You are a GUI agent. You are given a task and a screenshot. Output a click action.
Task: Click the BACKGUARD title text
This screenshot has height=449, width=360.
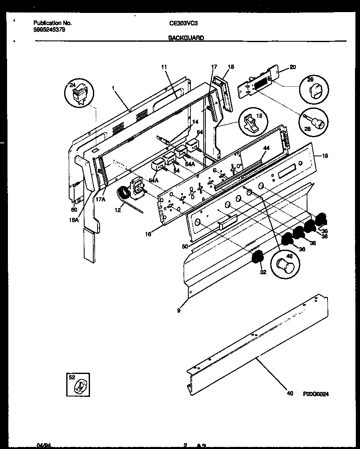(x=186, y=38)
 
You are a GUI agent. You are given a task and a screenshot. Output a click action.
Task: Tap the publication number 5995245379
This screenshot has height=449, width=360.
(x=49, y=30)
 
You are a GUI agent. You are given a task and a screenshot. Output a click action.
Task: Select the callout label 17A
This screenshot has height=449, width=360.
(x=101, y=199)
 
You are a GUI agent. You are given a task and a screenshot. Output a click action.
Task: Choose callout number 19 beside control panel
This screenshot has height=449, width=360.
(x=325, y=156)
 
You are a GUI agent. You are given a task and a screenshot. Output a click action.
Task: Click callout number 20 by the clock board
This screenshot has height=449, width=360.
(x=292, y=67)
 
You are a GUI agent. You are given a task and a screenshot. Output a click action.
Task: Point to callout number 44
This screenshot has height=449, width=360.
(x=266, y=148)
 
